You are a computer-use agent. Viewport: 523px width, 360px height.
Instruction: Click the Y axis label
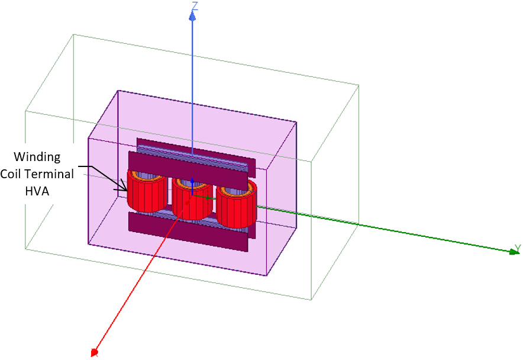[x=516, y=248]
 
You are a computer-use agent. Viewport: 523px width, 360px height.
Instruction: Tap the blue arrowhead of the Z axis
[x=192, y=17]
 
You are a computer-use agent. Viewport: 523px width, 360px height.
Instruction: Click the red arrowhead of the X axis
[x=94, y=353]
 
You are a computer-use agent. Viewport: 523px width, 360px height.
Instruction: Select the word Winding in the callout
[x=38, y=157]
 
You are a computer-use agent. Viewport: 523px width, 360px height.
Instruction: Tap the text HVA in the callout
[x=37, y=191]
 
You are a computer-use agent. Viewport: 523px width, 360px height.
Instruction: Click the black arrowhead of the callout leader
[x=126, y=189]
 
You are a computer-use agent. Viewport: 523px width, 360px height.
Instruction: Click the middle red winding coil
[x=191, y=204]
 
